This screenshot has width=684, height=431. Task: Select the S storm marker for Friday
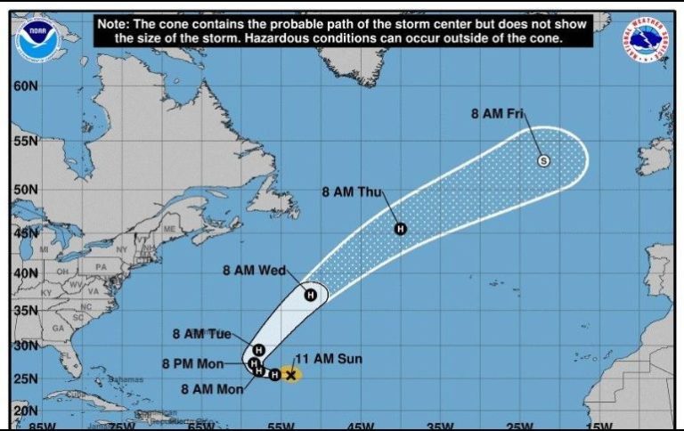click(x=544, y=160)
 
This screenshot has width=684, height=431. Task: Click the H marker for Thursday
click(x=400, y=229)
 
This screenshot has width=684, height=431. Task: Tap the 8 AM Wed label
click(x=254, y=271)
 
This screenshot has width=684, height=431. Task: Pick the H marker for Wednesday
click(x=311, y=295)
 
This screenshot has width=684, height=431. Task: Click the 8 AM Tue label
click(x=201, y=334)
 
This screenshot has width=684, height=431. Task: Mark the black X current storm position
click(x=290, y=375)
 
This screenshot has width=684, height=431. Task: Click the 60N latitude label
click(x=26, y=86)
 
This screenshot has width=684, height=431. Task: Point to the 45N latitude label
click(x=26, y=233)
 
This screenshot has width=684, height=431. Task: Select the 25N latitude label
click(x=26, y=379)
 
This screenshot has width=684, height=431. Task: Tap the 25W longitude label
click(x=522, y=425)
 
